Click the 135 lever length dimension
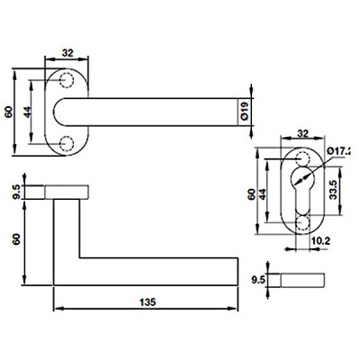coord(148,301)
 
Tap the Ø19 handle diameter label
coord(245,112)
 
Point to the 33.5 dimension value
coord(334,190)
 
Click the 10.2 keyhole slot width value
coord(320,241)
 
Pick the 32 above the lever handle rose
coord(67,53)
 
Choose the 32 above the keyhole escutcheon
coord(302,133)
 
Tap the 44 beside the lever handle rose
coord(27,112)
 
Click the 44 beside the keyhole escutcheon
coord(262,194)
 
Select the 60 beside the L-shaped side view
coord(16,239)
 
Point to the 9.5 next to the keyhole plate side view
coord(257,280)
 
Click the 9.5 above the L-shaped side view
coord(16,192)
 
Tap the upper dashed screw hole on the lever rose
coord(67,80)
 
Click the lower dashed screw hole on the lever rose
coord(67,144)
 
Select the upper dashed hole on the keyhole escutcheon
coord(302,158)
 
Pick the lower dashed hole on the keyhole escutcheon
coord(302,223)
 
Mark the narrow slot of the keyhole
coord(302,202)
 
